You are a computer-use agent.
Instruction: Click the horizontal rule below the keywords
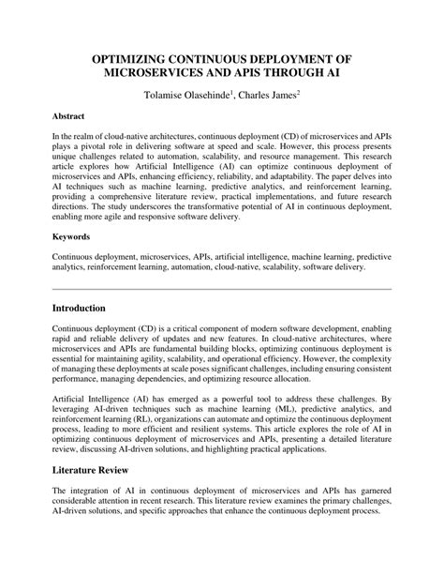pos(222,287)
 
